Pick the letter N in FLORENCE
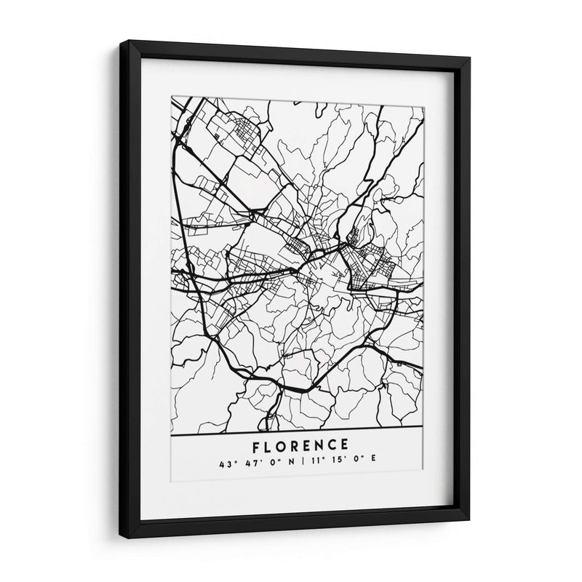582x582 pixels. click(321, 445)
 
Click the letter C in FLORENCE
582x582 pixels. click(334, 445)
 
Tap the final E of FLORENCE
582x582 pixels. click(346, 445)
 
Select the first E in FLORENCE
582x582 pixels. click(308, 445)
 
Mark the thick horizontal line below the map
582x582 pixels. click(299, 434)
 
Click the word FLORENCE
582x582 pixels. click(300, 445)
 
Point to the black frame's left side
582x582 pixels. click(127, 291)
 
